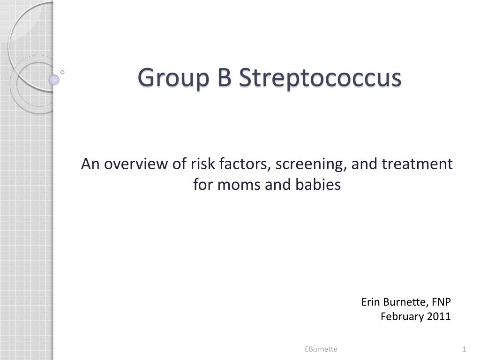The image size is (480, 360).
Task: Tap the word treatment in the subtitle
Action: click(418, 164)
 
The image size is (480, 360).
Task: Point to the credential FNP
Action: click(441, 302)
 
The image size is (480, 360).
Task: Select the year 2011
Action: click(439, 316)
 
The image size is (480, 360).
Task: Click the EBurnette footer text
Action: click(321, 349)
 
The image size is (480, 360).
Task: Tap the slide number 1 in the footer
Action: click(464, 349)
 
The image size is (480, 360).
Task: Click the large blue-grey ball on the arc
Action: click(54, 79)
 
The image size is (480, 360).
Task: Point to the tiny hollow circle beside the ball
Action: click(62, 72)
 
